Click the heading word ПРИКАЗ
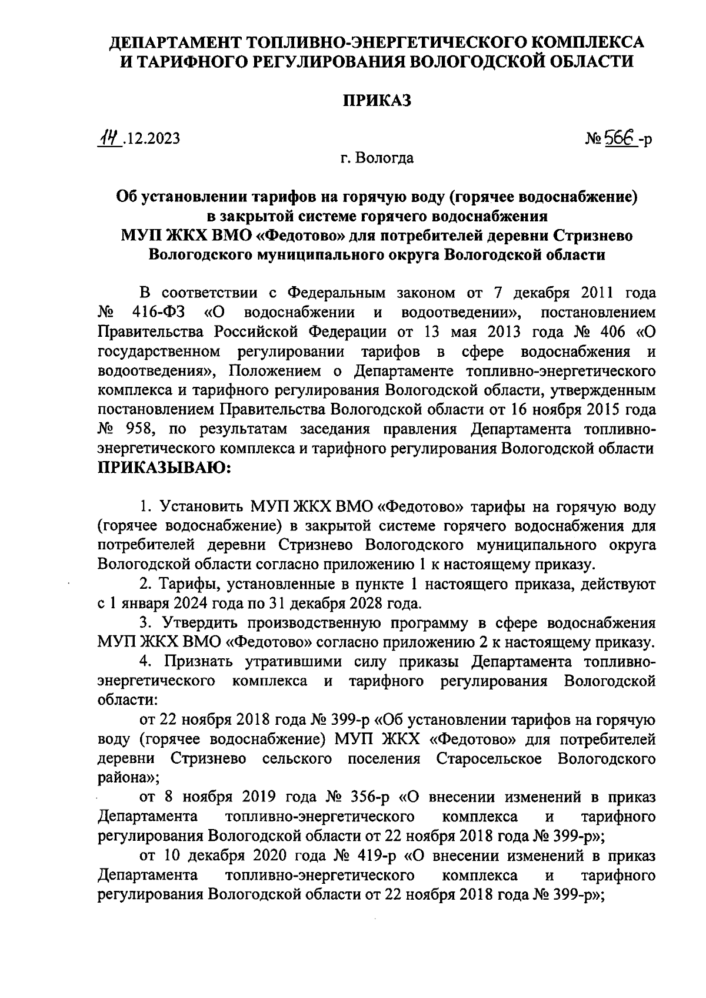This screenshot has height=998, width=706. (x=377, y=101)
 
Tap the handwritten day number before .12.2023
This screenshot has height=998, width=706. (x=109, y=138)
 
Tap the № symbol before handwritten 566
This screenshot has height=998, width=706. (x=592, y=140)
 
